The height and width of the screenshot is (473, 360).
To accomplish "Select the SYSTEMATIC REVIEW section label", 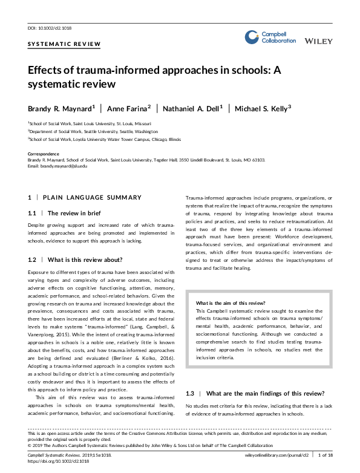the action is [53, 44].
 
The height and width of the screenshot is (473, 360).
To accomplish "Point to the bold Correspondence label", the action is [44, 154].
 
